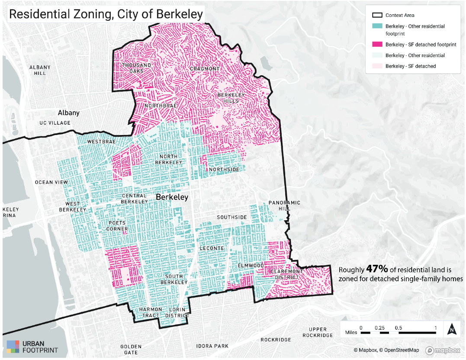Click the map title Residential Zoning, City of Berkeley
(106, 14)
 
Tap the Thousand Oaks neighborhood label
(137, 68)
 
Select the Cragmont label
(205, 69)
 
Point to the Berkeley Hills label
(231, 98)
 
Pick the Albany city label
(69, 113)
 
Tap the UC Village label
(55, 123)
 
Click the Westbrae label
(101, 142)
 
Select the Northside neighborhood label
(224, 170)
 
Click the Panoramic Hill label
(284, 206)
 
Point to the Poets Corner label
(118, 226)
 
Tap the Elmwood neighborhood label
(251, 265)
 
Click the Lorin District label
(178, 312)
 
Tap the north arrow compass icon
(451, 329)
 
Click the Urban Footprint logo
(32, 347)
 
